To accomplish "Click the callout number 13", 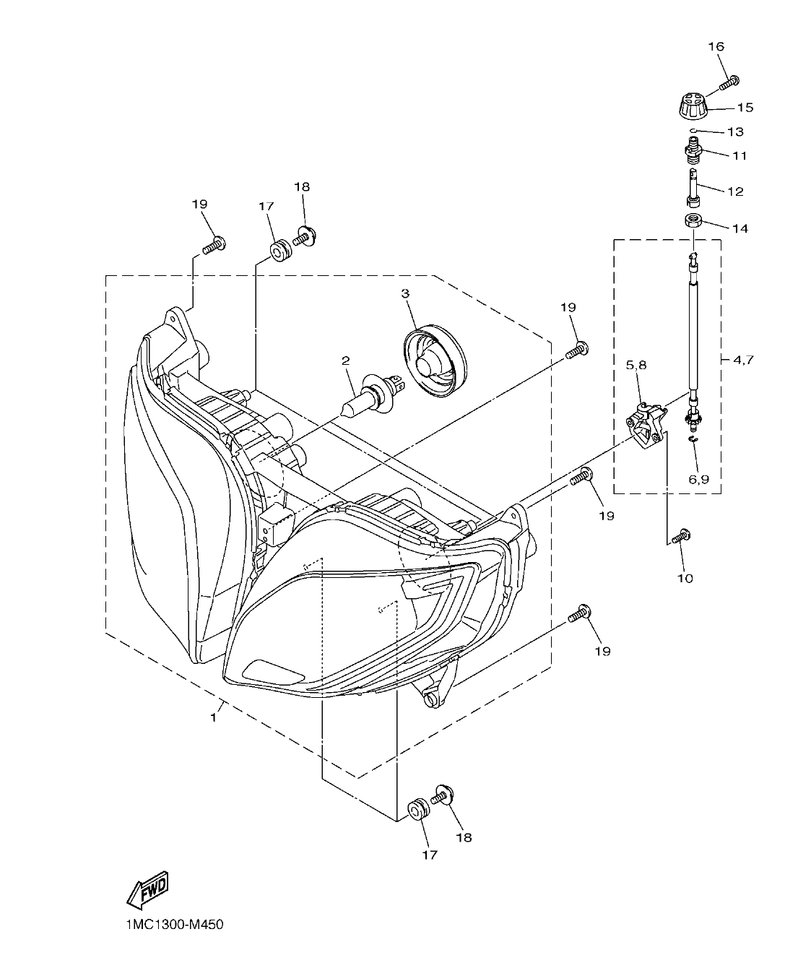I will point(735,132).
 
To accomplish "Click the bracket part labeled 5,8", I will point(645,426).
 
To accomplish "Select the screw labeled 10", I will point(680,537).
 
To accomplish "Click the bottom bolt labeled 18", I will point(442,796).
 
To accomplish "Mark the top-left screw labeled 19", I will point(213,245).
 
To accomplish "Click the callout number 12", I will point(735,191).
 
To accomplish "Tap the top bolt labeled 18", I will point(305,237).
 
